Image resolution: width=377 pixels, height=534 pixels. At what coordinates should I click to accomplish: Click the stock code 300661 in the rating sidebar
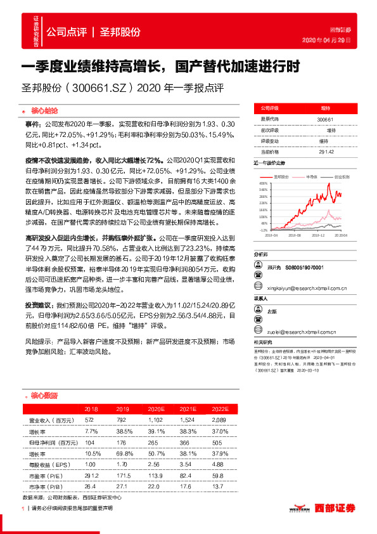tap(325, 119)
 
